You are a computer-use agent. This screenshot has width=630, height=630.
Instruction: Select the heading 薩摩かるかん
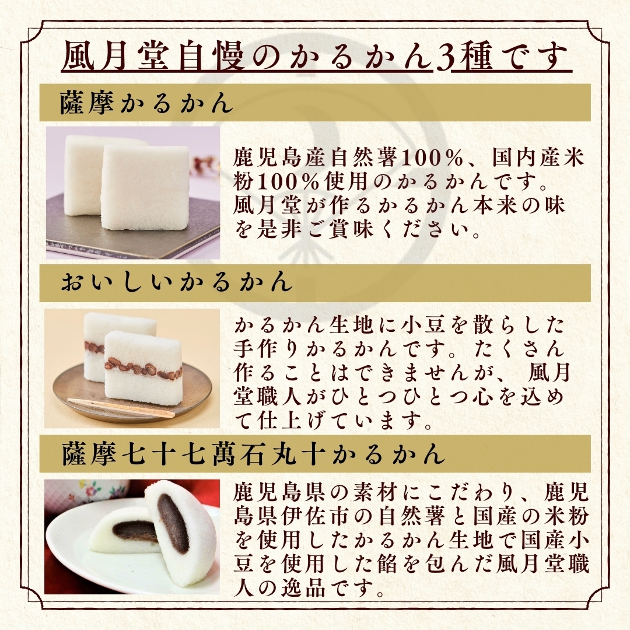146,103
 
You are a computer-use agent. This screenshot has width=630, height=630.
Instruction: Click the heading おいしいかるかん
176,282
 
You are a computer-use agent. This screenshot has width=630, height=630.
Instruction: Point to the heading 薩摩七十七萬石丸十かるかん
254,454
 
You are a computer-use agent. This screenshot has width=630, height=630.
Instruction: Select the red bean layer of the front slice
144,368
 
